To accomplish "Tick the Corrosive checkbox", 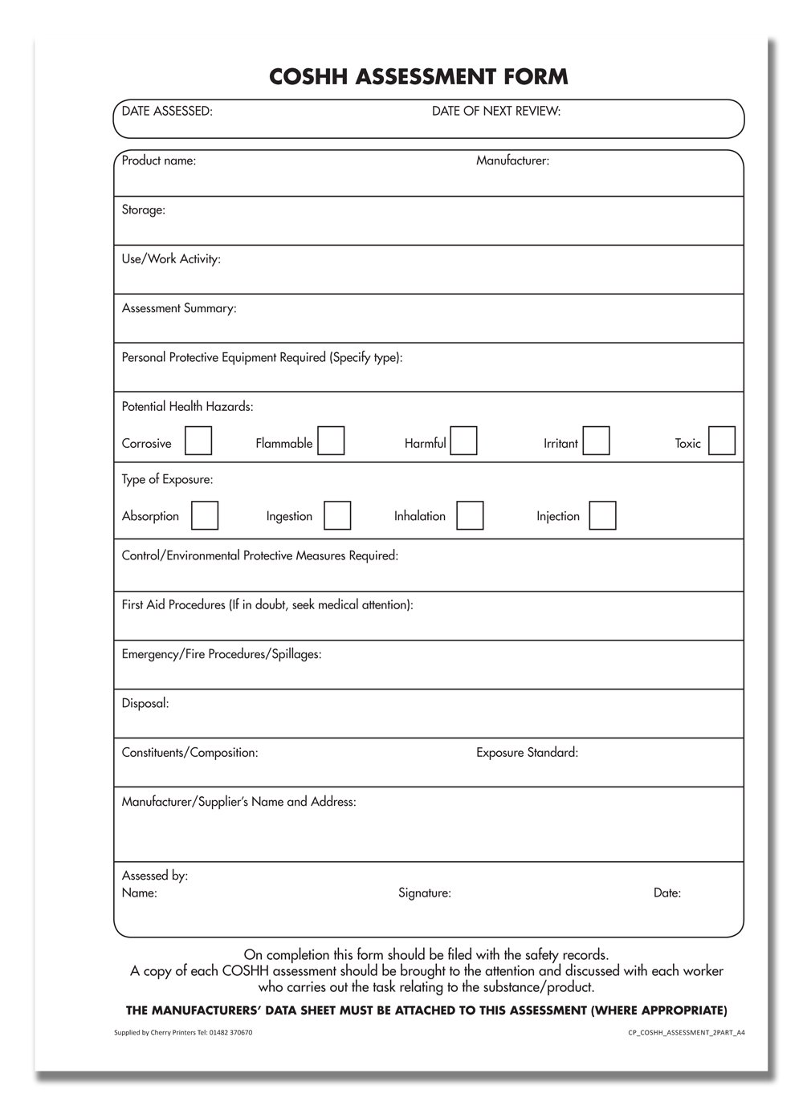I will click(198, 441).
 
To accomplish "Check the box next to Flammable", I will click(331, 441).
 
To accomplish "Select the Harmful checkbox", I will click(463, 441).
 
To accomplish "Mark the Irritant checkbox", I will click(596, 441).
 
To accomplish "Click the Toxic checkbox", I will click(722, 441).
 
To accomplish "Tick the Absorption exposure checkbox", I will click(205, 515).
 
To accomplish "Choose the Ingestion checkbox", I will click(337, 515).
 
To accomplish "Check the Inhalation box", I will click(470, 515).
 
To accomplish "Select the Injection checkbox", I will click(602, 515).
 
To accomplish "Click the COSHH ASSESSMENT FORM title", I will click(418, 77).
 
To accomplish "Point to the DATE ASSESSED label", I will click(167, 112).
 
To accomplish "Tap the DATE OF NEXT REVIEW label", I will click(496, 112).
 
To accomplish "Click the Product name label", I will click(159, 161).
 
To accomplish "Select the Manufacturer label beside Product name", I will click(512, 161).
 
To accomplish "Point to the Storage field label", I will click(144, 210).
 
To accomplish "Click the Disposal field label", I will click(145, 704).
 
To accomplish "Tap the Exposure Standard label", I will click(527, 753).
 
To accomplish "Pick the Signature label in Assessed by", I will click(425, 893).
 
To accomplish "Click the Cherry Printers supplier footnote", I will click(184, 1033).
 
